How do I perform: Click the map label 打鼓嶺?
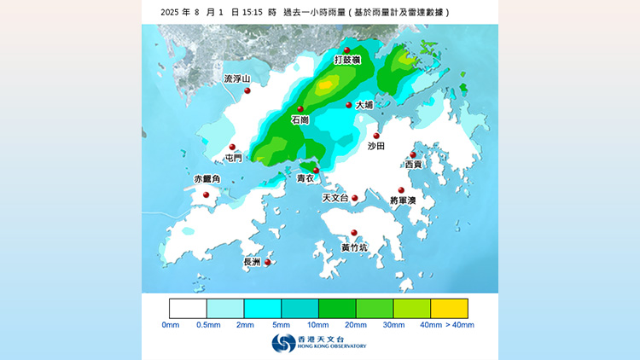[346, 61]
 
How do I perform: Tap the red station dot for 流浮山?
[247, 90]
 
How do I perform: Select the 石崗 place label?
[300, 120]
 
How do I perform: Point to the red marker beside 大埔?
[349, 105]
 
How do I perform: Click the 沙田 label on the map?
[376, 147]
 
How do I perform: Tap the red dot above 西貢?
[413, 154]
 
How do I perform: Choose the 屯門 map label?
[232, 158]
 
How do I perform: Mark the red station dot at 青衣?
[317, 171]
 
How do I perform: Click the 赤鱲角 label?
[207, 179]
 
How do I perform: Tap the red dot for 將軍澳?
[401, 190]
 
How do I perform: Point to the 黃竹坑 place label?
[354, 247]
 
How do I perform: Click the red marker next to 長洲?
[268, 262]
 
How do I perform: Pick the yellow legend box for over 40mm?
[449, 308]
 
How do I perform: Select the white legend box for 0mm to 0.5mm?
[188, 308]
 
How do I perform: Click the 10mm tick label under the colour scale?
[318, 325]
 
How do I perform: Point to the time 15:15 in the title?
[253, 13]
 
